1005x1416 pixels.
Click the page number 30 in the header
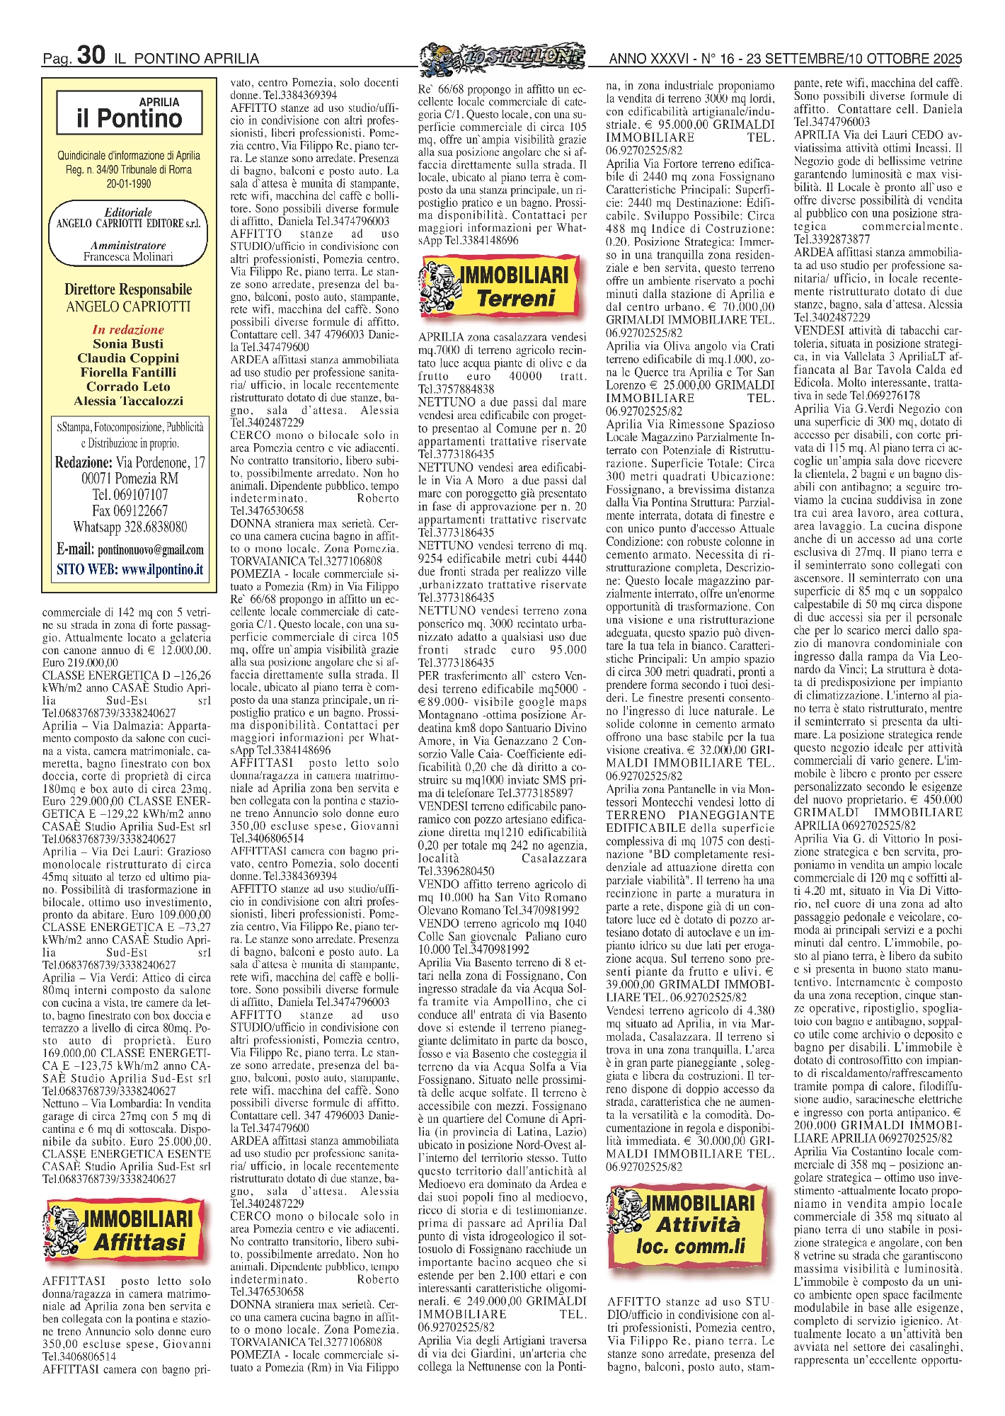(x=91, y=55)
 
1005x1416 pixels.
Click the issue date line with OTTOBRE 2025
(x=785, y=58)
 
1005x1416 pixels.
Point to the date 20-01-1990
(x=128, y=184)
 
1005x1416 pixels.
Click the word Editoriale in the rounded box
(x=128, y=212)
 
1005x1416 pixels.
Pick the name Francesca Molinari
(x=128, y=257)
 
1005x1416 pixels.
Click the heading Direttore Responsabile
(x=128, y=290)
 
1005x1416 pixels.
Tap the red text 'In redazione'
(x=128, y=329)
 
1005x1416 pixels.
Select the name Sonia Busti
(x=128, y=343)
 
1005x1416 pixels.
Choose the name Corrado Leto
(x=128, y=387)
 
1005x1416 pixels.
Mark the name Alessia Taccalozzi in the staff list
(x=128, y=401)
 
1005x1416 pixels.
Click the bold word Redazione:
(x=84, y=462)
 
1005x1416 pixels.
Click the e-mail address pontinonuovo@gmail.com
(x=151, y=550)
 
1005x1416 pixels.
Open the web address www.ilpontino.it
(x=162, y=569)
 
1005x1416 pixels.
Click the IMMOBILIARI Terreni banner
(x=503, y=286)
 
